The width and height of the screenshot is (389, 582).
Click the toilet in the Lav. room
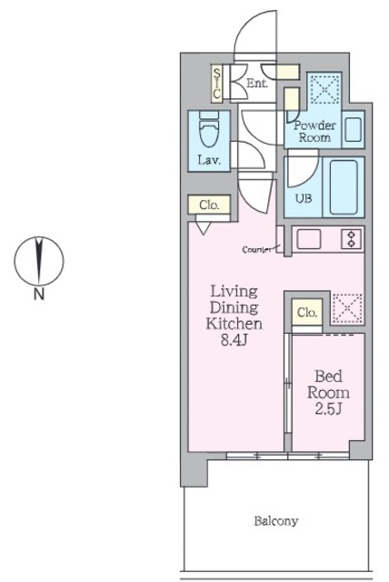(209, 129)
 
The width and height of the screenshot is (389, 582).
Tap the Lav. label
(209, 161)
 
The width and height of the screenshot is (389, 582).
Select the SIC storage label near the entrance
(217, 83)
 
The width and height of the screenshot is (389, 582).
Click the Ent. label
(257, 83)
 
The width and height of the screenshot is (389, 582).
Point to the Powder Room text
(314, 131)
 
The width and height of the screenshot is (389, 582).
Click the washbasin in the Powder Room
(353, 129)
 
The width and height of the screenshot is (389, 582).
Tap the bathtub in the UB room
(344, 187)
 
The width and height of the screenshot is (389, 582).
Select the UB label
(304, 198)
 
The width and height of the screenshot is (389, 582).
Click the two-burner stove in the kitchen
(351, 239)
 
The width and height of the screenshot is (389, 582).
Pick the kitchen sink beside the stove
(308, 239)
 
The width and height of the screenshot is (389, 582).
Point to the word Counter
(256, 250)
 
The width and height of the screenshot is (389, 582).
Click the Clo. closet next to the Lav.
(209, 205)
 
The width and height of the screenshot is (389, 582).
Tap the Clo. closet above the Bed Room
(307, 313)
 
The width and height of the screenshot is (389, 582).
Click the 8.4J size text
(234, 340)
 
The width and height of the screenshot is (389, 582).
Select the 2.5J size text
(328, 408)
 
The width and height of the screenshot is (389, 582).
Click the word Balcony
(276, 521)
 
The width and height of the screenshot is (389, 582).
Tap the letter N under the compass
(39, 294)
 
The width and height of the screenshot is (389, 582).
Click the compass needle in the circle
(38, 261)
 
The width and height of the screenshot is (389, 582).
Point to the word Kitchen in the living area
(234, 324)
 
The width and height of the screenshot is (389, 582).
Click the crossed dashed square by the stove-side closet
(346, 308)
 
